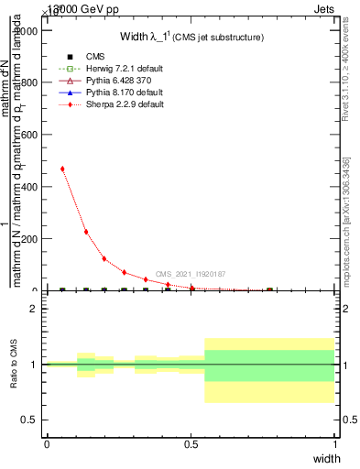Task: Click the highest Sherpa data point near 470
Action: pyautogui.click(x=62, y=169)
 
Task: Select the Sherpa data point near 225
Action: pyautogui.click(x=85, y=232)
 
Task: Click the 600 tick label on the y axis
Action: pyautogui.click(x=29, y=135)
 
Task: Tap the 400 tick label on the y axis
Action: pyautogui.click(x=29, y=187)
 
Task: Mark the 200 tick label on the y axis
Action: pyautogui.click(x=29, y=239)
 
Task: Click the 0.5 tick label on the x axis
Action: pyautogui.click(x=191, y=443)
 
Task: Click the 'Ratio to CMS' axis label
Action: pyautogui.click(x=13, y=365)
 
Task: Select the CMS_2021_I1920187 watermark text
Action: pyautogui.click(x=191, y=274)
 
